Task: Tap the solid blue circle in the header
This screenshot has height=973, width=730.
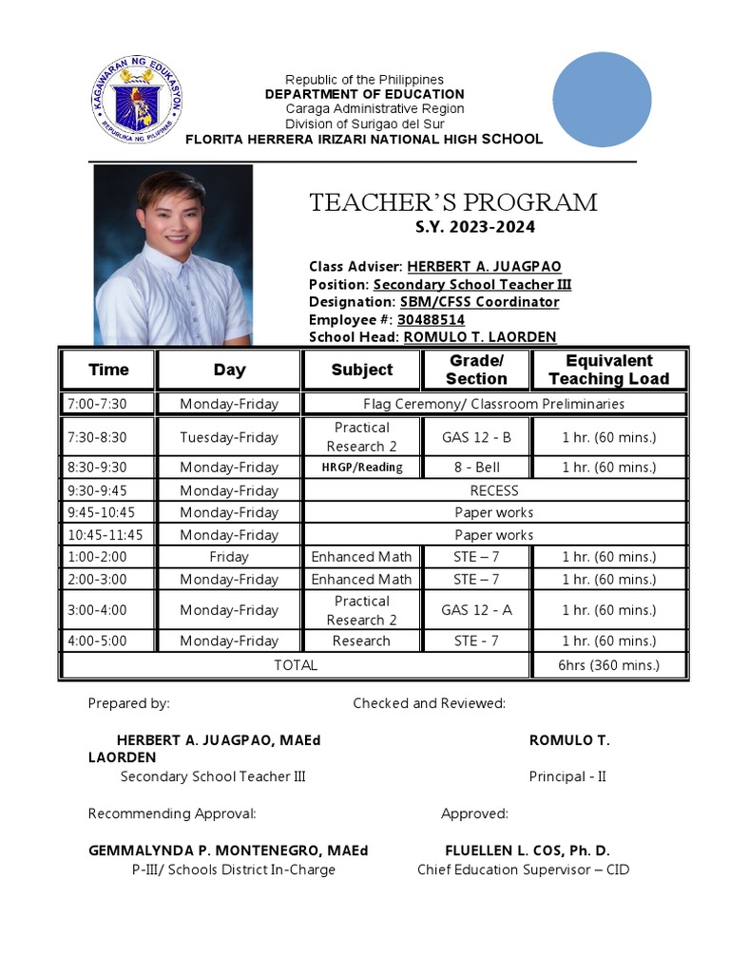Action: (602, 100)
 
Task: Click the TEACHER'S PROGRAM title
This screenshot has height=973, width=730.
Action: (453, 202)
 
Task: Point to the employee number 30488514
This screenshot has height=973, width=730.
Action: (431, 319)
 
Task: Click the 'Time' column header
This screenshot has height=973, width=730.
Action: (108, 370)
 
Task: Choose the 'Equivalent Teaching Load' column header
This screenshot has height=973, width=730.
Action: (608, 370)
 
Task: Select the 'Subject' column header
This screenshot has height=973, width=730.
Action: (361, 370)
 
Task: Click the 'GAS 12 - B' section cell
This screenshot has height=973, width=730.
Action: (476, 437)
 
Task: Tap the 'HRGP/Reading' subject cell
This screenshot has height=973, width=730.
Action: (361, 467)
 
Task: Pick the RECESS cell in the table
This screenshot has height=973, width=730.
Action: (494, 490)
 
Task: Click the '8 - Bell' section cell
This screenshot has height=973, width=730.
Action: (476, 467)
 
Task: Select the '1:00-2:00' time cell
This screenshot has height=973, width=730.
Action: (96, 557)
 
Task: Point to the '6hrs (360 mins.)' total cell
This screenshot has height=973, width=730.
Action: (608, 665)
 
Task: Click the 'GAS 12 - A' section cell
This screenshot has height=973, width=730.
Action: (476, 610)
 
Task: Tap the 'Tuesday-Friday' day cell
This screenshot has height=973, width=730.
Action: (229, 437)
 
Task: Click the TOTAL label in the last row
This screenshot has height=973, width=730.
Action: (296, 665)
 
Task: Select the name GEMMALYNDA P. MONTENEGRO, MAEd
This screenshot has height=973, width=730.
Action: (228, 850)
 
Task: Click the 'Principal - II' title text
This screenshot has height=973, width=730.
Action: (567, 776)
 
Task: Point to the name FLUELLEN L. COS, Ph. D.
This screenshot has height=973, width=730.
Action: (527, 850)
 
